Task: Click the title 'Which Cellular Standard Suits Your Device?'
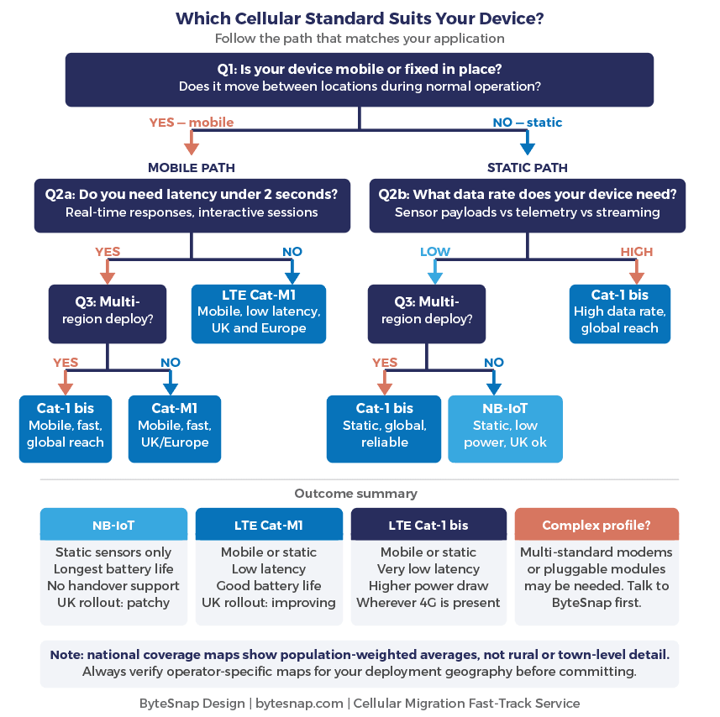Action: pos(359,18)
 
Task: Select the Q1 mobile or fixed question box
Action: pos(359,79)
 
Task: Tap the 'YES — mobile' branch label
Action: pos(191,123)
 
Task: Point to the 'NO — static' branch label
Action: pos(527,123)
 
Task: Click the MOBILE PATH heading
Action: pos(191,167)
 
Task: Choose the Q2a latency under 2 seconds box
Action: pos(192,204)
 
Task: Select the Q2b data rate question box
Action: pos(527,204)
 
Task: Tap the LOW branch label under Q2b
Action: pos(434,252)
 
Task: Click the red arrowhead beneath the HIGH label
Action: pos(636,277)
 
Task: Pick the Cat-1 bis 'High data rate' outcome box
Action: pos(619,312)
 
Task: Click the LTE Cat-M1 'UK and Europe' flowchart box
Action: pos(258,312)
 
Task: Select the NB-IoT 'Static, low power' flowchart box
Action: pos(504,427)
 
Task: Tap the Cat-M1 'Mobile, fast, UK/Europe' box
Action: pos(174,427)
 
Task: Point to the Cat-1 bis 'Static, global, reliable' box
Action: pos(384,427)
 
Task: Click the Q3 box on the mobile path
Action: pos(107,312)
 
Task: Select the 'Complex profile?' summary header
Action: pos(596,525)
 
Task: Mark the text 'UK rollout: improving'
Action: pos(269,602)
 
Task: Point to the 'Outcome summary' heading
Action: pos(355,494)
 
